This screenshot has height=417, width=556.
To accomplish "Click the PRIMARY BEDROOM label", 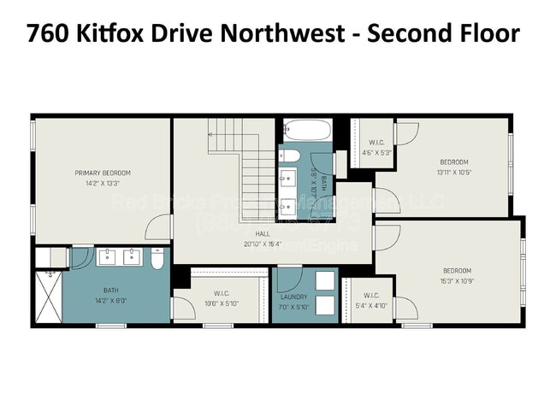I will [102, 173].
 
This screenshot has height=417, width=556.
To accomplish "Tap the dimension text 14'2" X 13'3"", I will [102, 183].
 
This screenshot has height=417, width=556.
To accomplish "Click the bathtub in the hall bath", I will [306, 131].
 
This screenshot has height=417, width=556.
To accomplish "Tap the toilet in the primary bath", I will [157, 259].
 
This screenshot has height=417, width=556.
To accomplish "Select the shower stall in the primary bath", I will [48, 296].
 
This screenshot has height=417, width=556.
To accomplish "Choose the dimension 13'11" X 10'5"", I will [454, 171].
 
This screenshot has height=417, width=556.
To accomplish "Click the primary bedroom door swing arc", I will [157, 226].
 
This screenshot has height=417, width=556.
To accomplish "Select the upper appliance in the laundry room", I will [326, 281].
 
